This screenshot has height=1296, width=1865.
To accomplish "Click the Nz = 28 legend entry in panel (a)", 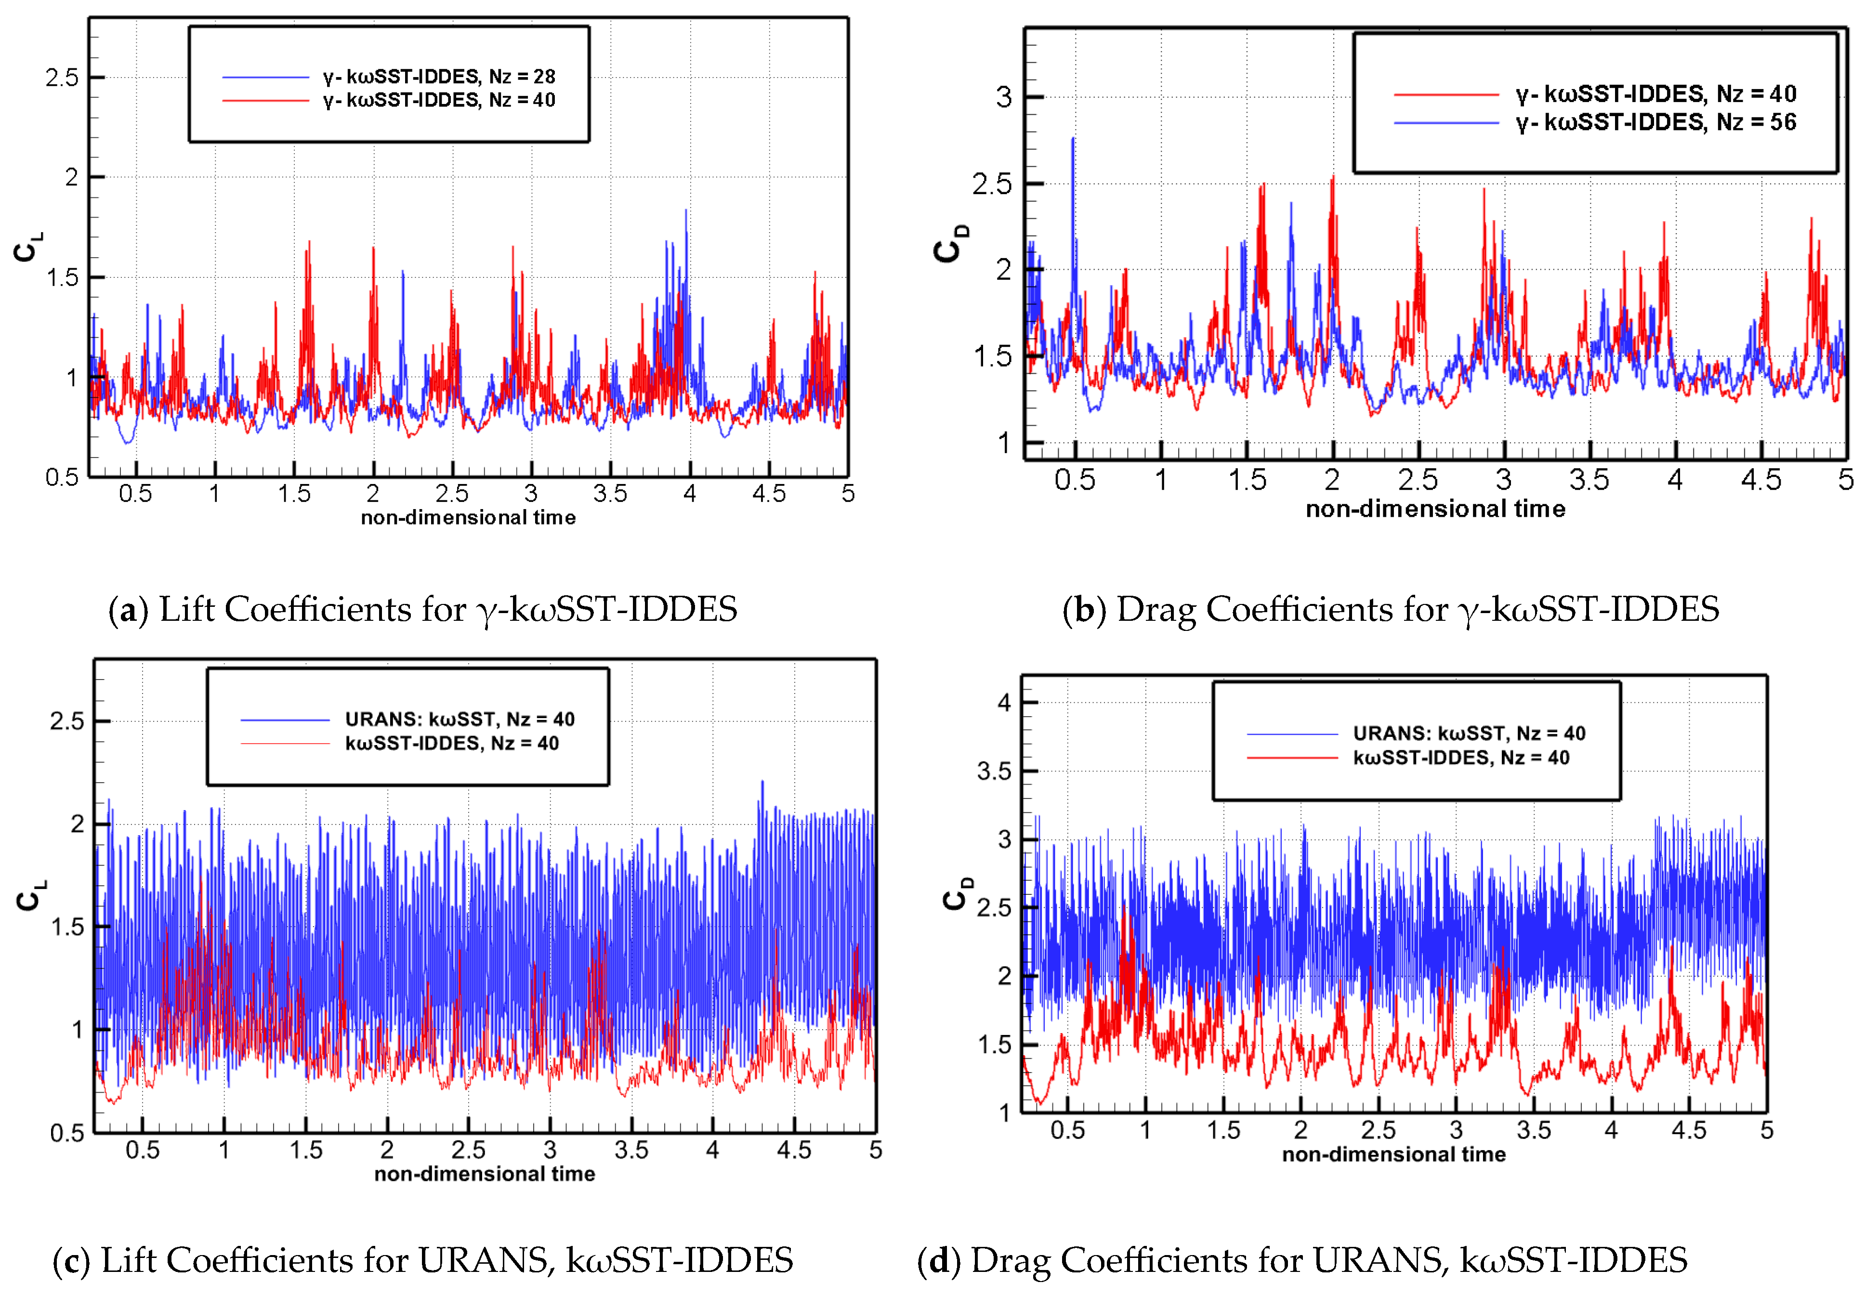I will click(438, 76).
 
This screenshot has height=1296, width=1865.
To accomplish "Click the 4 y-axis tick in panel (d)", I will click(1004, 702).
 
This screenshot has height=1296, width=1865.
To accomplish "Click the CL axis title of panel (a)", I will click(27, 246).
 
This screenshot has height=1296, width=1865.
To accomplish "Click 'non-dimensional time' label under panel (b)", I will click(1435, 509).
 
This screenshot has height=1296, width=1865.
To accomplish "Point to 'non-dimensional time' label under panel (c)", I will click(485, 1174).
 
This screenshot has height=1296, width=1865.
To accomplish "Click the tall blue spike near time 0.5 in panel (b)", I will click(1073, 142).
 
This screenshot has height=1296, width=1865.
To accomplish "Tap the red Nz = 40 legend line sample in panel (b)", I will click(1446, 95).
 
